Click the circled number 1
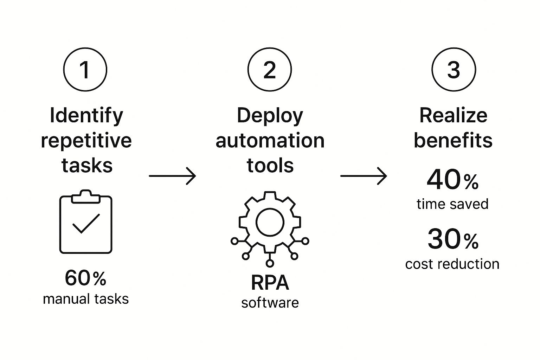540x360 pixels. tap(85, 69)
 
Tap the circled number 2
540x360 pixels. tap(270, 69)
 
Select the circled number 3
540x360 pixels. tap(454, 69)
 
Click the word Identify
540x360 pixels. tap(86, 116)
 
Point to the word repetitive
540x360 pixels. tap(86, 141)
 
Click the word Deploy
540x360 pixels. tap(270, 116)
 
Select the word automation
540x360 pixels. tap(270, 141)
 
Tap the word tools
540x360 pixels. tap(270, 165)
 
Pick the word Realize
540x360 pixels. tap(453, 115)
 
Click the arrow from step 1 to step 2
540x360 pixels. tap(172, 176)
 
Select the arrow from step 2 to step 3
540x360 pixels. tap(364, 176)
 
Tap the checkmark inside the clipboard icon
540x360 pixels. tap(86, 223)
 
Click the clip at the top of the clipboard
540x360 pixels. tap(86, 197)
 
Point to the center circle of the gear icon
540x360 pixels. tap(270, 222)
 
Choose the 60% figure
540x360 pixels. tap(85, 278)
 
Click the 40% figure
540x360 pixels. tap(452, 180)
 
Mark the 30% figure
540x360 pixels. tap(453, 240)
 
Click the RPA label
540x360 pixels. tap(270, 283)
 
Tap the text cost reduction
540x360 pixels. tap(452, 264)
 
